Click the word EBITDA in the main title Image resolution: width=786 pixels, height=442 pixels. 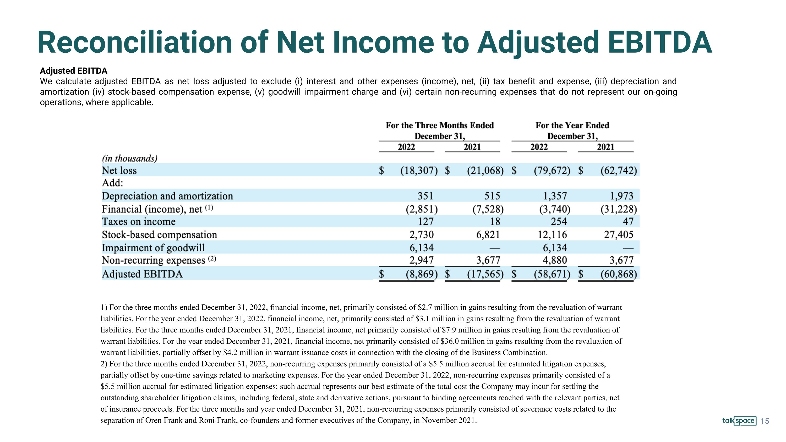click(660, 42)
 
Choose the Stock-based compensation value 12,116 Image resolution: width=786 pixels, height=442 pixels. click(552, 234)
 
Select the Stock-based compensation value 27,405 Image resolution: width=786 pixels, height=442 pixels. click(619, 234)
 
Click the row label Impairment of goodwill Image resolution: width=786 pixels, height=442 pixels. click(153, 248)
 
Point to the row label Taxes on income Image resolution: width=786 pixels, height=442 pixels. click(139, 221)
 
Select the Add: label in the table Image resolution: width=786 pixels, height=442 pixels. click(113, 183)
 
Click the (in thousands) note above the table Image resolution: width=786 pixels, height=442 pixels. click(130, 158)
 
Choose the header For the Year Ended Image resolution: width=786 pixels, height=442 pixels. click(572, 125)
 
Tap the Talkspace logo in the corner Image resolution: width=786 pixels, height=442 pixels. click(739, 421)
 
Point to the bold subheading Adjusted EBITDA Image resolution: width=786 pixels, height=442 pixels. click(74, 71)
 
